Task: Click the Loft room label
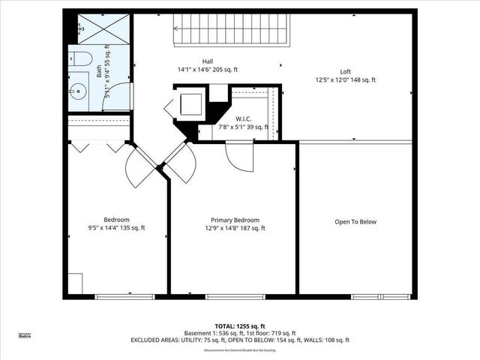[x=345, y=72]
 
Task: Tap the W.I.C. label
[x=242, y=118]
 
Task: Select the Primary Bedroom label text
[x=234, y=220]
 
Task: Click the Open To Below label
[x=355, y=222]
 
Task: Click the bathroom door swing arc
[x=118, y=97]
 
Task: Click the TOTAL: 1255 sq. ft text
[x=240, y=325]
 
